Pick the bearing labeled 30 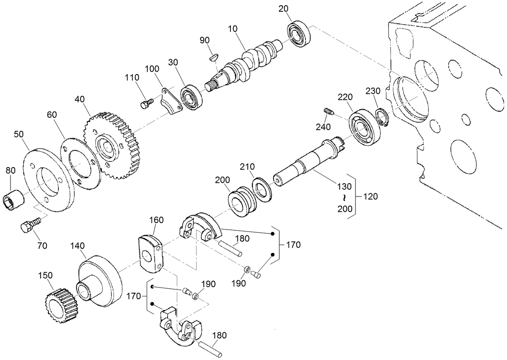(191, 98)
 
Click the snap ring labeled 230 (381, 117)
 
